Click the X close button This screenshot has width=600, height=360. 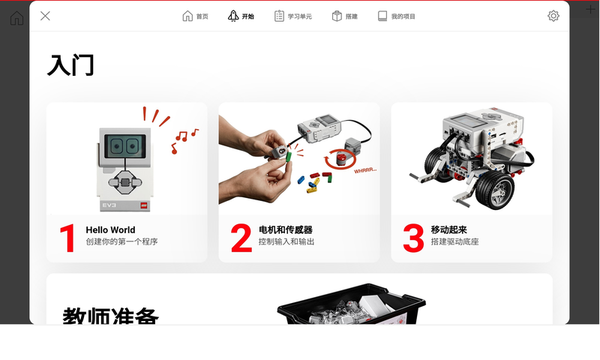(45, 16)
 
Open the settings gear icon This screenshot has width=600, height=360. (553, 16)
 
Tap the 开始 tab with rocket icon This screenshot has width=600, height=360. (241, 16)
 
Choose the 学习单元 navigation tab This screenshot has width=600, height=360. (292, 16)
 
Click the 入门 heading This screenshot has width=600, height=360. (70, 65)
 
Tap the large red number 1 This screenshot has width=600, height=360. (68, 238)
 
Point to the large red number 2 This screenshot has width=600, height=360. (241, 238)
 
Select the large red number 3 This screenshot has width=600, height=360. (413, 238)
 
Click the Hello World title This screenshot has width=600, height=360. (110, 230)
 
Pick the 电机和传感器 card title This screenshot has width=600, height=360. (285, 230)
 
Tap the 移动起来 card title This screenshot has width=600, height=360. (449, 230)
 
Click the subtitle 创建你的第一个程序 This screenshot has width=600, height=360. (121, 242)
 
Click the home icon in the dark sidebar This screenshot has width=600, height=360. (16, 17)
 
